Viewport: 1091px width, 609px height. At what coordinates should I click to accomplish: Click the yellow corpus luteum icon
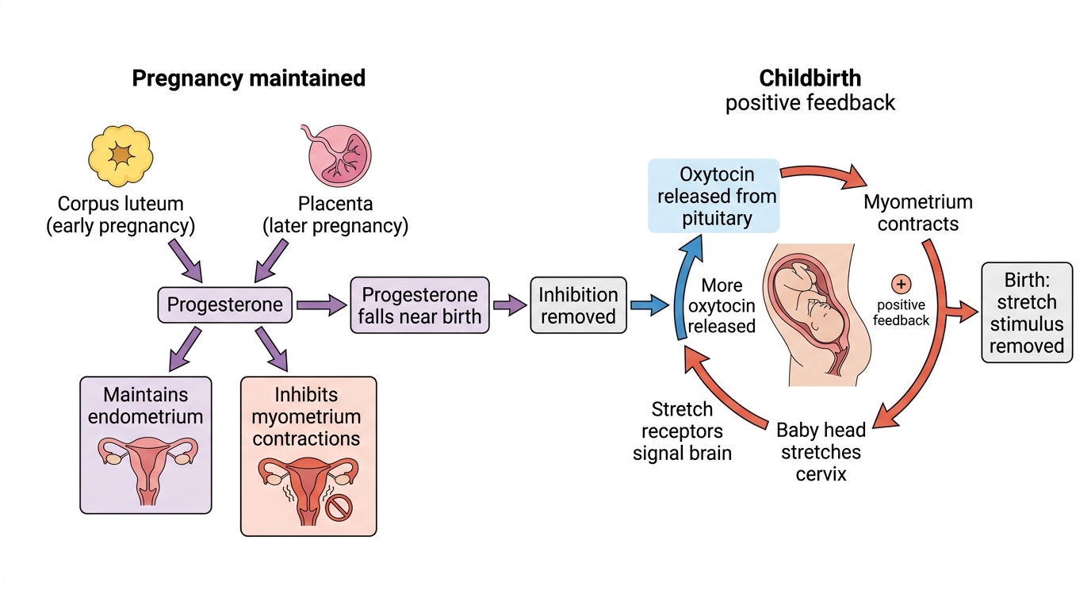(121, 155)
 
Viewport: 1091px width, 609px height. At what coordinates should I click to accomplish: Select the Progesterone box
(225, 305)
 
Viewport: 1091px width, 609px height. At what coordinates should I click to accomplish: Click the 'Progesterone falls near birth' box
(420, 305)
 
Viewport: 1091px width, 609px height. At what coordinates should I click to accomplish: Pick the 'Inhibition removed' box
(578, 305)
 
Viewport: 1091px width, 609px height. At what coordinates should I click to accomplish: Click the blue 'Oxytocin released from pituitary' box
(714, 196)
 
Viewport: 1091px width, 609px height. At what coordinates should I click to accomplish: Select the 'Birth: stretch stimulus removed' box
(1027, 312)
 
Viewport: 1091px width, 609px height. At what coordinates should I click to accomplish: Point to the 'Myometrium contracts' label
(918, 213)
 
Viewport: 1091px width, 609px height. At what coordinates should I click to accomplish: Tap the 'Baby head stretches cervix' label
(821, 452)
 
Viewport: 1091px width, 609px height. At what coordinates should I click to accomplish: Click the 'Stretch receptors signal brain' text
(682, 431)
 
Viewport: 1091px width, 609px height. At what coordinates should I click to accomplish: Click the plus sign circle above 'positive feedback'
(901, 284)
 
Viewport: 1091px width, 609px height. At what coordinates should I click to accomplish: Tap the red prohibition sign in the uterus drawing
(339, 507)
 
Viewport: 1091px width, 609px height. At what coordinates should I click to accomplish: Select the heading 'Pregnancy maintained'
(248, 78)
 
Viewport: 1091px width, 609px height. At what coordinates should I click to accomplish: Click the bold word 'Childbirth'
(810, 78)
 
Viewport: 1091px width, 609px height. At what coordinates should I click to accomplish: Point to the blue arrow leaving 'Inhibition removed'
(649, 305)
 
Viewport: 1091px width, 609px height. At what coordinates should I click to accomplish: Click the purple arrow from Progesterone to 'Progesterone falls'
(321, 305)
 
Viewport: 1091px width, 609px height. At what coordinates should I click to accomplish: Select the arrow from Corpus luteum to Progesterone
(186, 261)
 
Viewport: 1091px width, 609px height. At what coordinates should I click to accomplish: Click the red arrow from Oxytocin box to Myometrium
(824, 175)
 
